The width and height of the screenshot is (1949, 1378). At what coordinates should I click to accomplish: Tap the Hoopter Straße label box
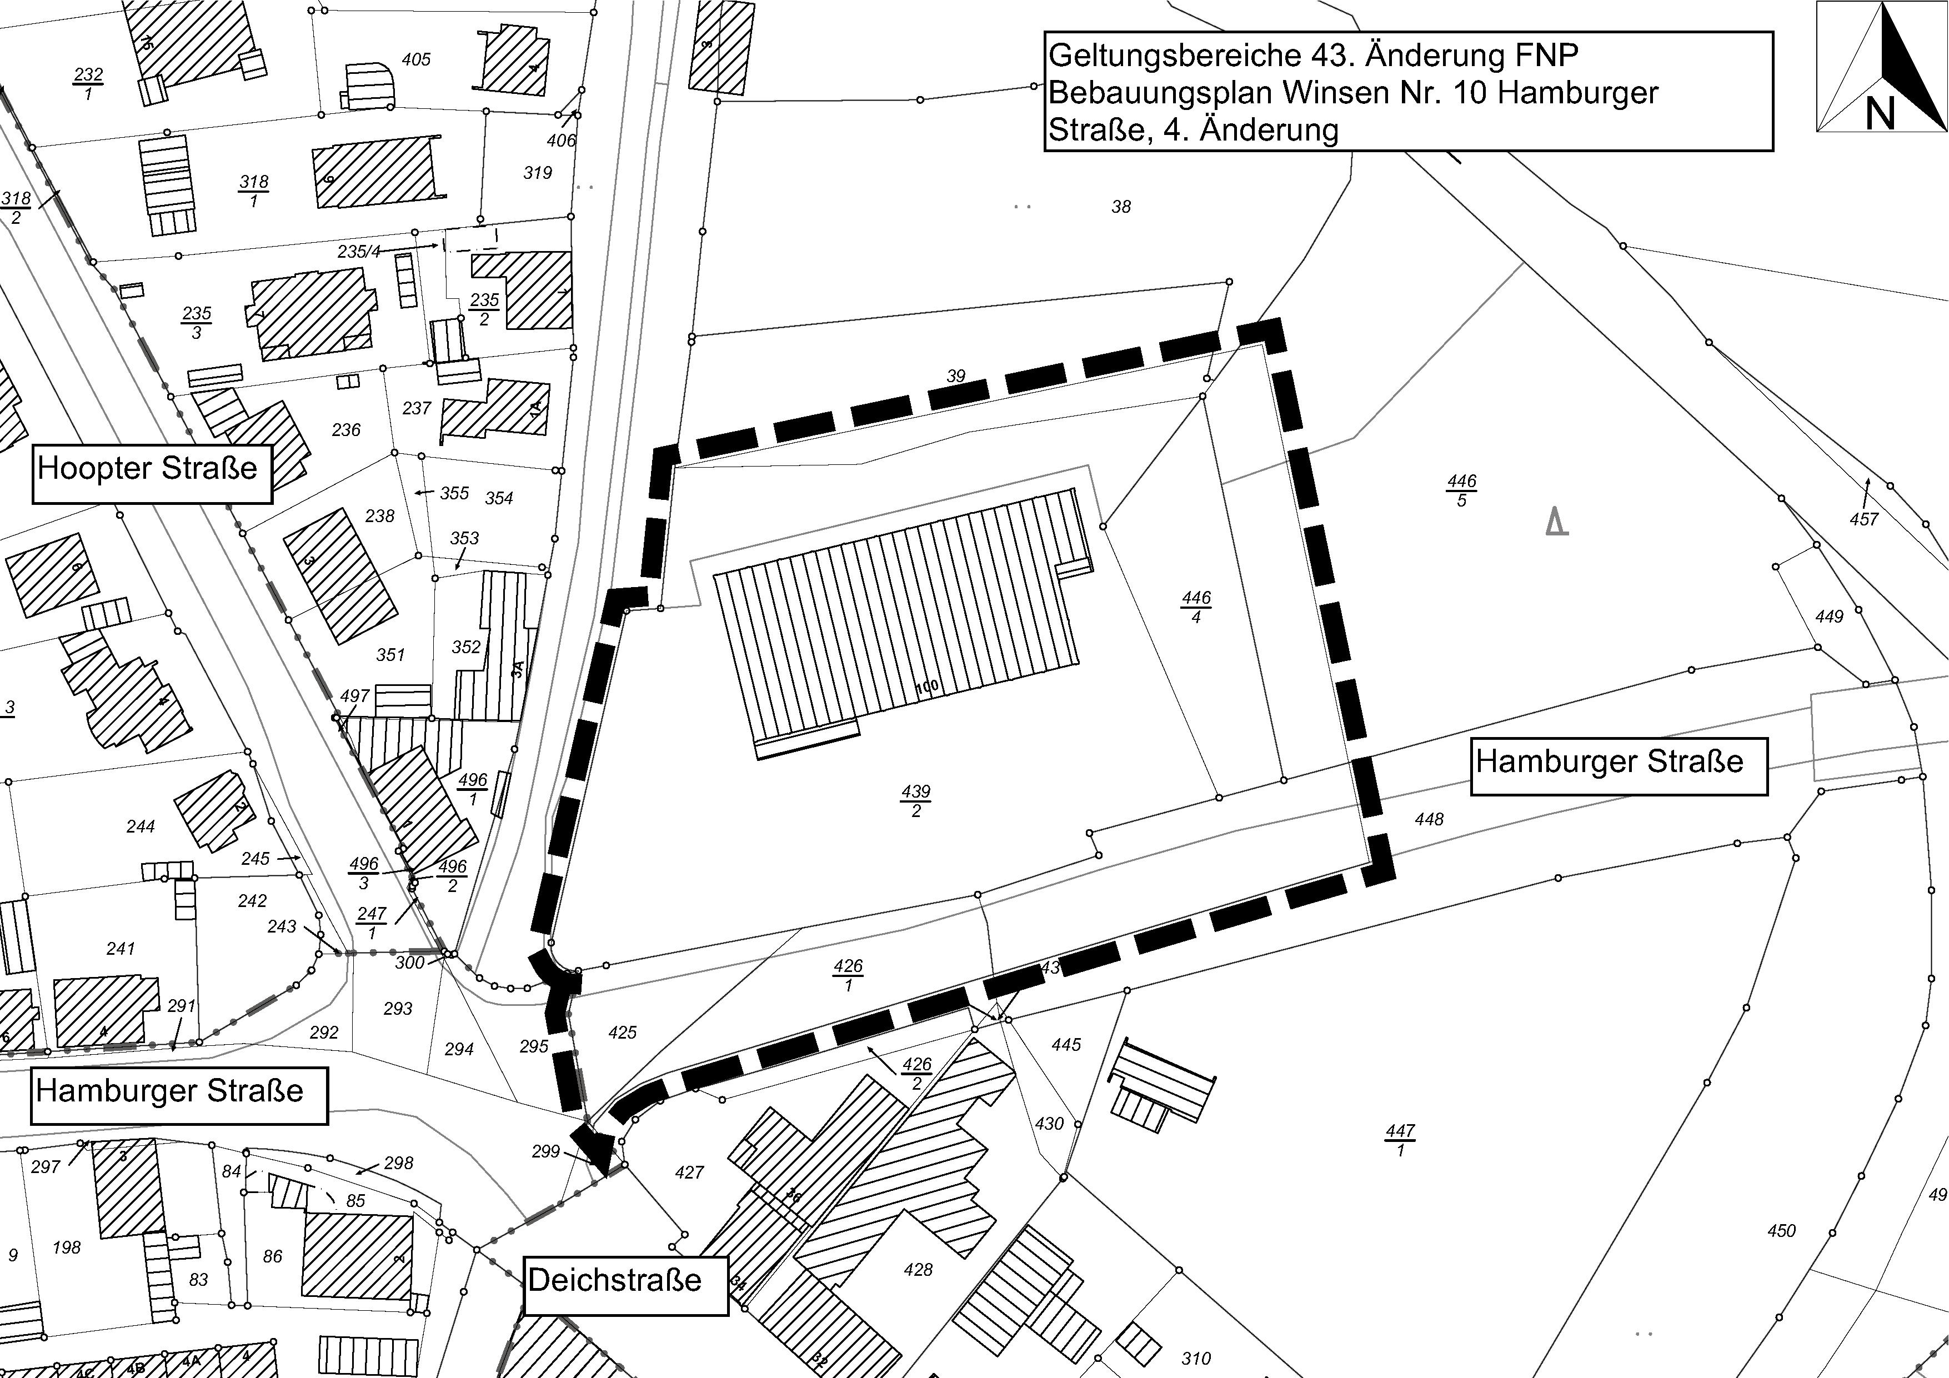click(x=152, y=473)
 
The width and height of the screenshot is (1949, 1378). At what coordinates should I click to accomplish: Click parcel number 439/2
click(x=916, y=801)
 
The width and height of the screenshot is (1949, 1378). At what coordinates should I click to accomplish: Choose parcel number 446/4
click(x=1196, y=607)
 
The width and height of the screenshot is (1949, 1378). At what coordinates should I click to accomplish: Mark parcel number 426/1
click(x=848, y=975)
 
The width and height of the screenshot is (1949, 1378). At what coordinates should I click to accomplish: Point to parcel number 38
click(x=1120, y=206)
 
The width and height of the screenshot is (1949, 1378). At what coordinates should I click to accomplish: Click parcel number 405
click(x=416, y=59)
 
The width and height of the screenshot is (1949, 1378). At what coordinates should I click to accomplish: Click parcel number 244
click(x=140, y=826)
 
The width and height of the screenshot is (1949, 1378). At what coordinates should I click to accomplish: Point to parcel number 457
click(x=1864, y=519)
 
